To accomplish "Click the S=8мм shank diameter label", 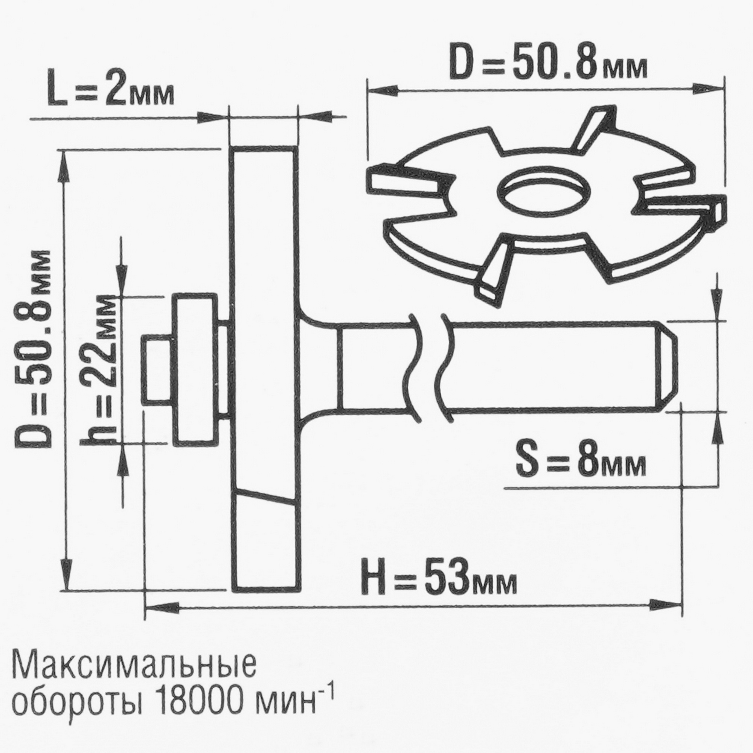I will click(x=581, y=463).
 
